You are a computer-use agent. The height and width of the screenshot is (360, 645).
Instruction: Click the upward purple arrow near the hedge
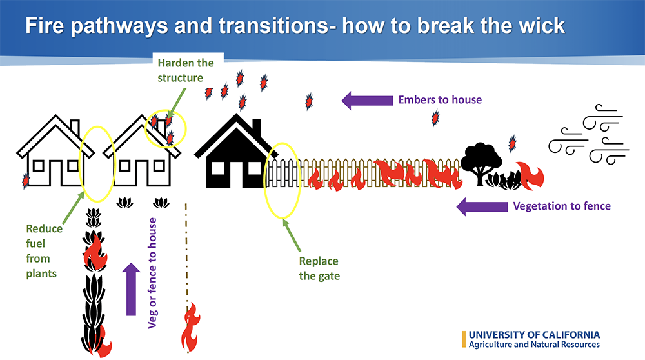coord(131,288)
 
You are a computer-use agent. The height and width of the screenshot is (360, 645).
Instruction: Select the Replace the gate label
coord(318,268)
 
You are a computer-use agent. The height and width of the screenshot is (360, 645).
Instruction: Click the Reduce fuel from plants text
coord(45,251)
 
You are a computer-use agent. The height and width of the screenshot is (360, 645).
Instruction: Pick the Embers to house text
coord(440,100)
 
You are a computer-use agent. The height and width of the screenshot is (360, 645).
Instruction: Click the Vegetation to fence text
coord(561,207)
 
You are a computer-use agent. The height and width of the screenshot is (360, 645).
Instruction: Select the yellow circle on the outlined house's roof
coord(167,128)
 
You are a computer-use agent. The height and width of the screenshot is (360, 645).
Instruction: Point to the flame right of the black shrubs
coord(531,175)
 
